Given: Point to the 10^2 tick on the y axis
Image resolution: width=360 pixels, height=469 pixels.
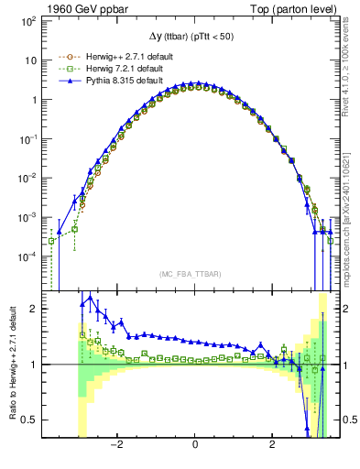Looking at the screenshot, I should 28,20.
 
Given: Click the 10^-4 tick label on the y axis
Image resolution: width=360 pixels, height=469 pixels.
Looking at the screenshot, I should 28,256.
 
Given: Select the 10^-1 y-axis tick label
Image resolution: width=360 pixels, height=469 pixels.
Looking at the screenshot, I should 28,138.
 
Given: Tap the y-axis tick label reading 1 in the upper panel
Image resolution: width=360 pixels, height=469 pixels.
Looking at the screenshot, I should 33,99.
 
